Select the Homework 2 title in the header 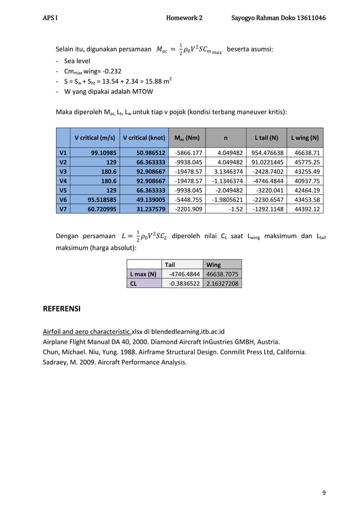(x=184, y=19)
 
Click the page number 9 (x=323, y=493)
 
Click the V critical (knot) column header (x=144, y=138)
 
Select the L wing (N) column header (x=305, y=138)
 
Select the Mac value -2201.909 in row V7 (x=188, y=209)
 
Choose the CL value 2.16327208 (x=222, y=283)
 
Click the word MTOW (x=142, y=91)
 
